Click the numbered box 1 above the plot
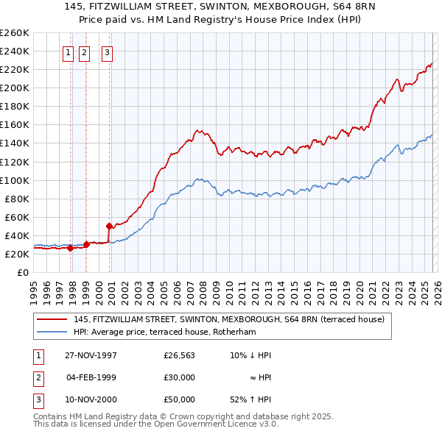click(x=68, y=52)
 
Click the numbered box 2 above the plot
click(x=83, y=52)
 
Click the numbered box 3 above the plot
click(x=107, y=52)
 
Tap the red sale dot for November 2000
click(x=109, y=226)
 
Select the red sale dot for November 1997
click(x=71, y=248)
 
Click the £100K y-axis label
click(x=15, y=180)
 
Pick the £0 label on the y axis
click(x=22, y=272)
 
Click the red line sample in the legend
click(x=52, y=320)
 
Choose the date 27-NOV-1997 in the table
click(x=91, y=355)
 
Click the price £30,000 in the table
click(x=179, y=377)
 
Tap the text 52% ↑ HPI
click(x=250, y=399)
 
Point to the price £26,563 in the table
click(x=179, y=355)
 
